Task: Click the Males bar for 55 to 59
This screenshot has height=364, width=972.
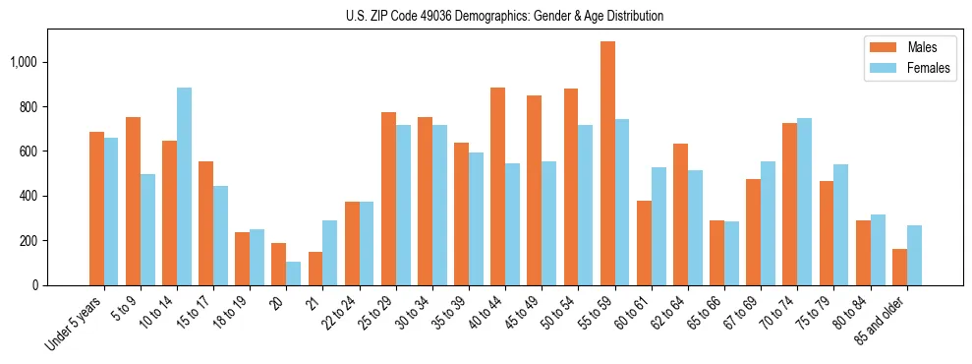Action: [607, 163]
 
